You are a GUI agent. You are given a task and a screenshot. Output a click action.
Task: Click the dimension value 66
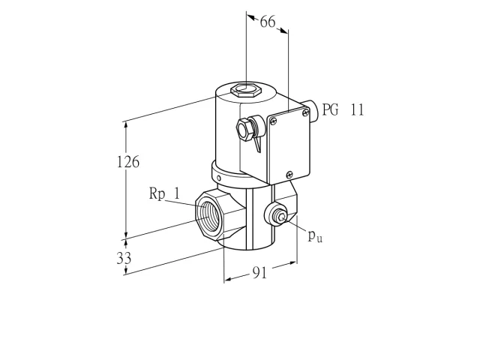click(x=268, y=22)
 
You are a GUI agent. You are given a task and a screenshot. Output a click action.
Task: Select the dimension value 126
click(x=128, y=161)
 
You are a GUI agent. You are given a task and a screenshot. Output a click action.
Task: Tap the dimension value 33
click(x=124, y=258)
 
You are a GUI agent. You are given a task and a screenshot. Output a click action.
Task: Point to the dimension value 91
click(x=260, y=272)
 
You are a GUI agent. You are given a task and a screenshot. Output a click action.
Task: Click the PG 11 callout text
click(x=343, y=109)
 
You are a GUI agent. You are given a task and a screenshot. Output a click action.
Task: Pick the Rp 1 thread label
click(x=164, y=193)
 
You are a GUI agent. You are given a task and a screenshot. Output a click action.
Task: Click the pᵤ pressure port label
click(x=315, y=235)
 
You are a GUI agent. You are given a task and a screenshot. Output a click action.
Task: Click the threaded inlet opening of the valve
click(x=208, y=215)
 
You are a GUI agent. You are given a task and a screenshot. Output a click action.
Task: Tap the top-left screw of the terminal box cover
click(x=273, y=121)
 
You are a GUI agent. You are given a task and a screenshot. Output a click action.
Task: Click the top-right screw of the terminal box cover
click(x=305, y=113)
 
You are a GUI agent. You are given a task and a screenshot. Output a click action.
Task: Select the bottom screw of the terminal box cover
click(x=289, y=175)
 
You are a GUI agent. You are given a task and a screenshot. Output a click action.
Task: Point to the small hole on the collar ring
click(x=219, y=178)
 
